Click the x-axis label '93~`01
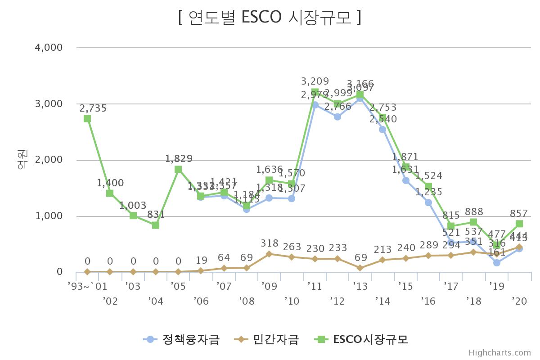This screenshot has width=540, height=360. click(x=87, y=286)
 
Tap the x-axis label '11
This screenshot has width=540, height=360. click(x=315, y=286)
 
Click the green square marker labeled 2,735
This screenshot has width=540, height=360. click(x=87, y=118)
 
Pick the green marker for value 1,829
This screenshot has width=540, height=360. click(x=178, y=169)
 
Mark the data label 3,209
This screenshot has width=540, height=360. click(x=315, y=81)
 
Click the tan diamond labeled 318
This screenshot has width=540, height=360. click(x=269, y=254)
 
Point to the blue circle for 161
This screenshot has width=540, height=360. click(x=496, y=263)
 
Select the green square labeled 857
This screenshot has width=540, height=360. click(x=519, y=224)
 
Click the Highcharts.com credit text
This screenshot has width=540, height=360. click(x=499, y=353)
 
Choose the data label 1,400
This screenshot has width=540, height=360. click(x=110, y=183)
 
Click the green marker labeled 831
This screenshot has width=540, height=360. click(x=156, y=225)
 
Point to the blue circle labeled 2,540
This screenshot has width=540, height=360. click(x=382, y=130)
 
